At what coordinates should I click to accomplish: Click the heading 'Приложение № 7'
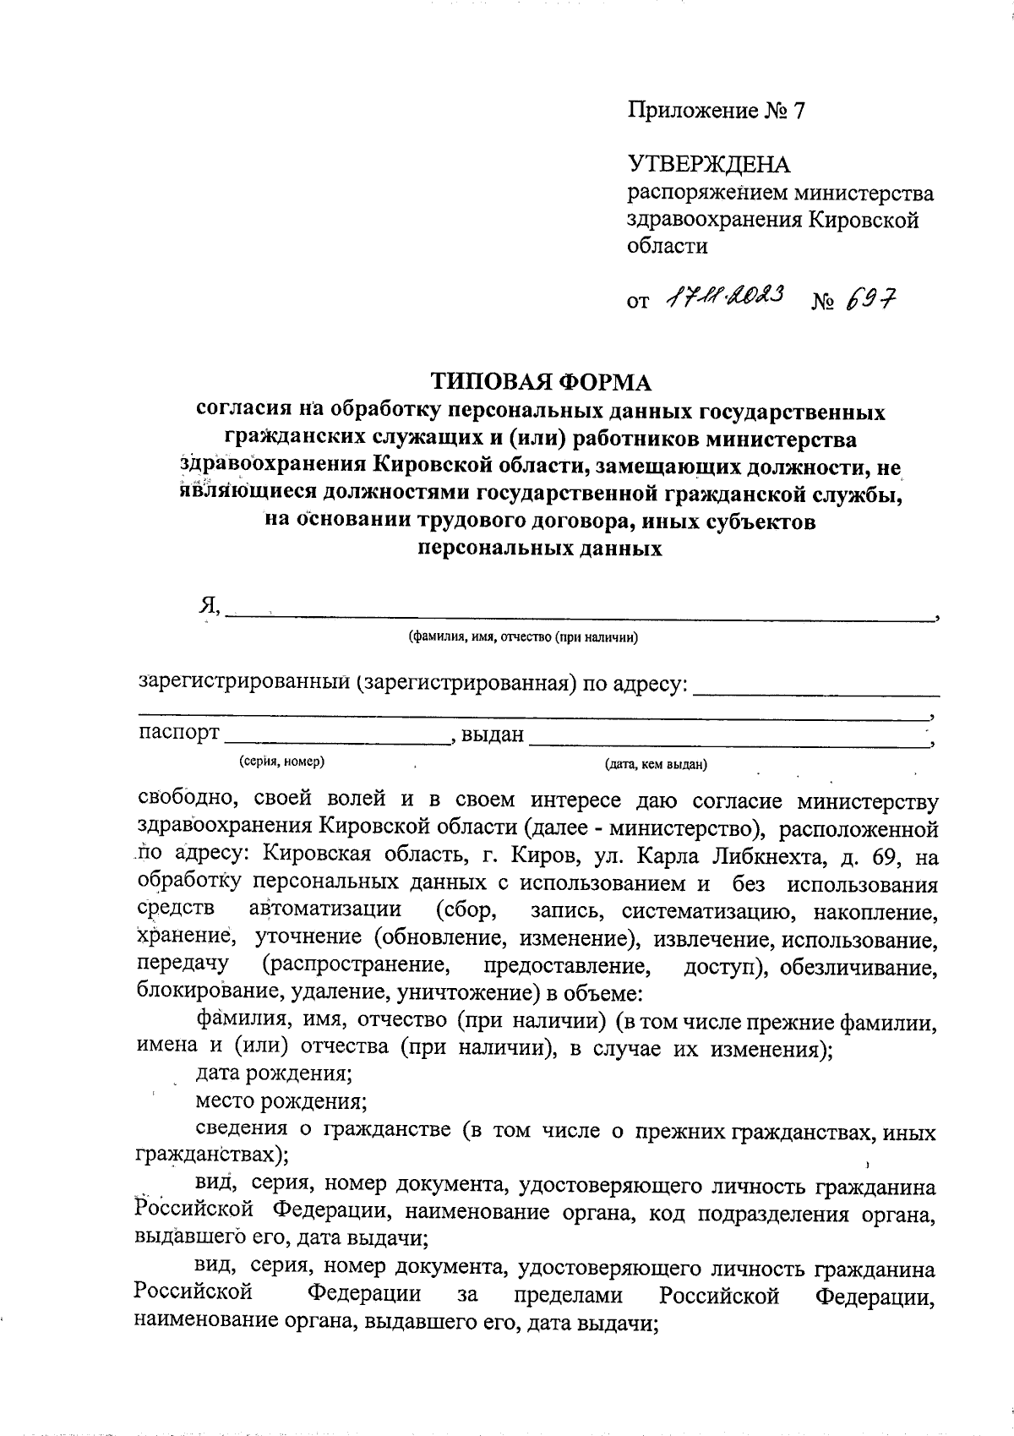(x=717, y=111)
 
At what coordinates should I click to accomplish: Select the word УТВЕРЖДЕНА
(x=708, y=164)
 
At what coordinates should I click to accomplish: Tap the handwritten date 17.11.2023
(x=725, y=295)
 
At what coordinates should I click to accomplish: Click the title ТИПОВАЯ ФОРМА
(x=542, y=383)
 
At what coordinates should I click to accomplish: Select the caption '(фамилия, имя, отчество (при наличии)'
(x=522, y=637)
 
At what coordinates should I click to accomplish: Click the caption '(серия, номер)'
(x=282, y=762)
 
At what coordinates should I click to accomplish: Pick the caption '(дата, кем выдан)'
(x=655, y=766)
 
